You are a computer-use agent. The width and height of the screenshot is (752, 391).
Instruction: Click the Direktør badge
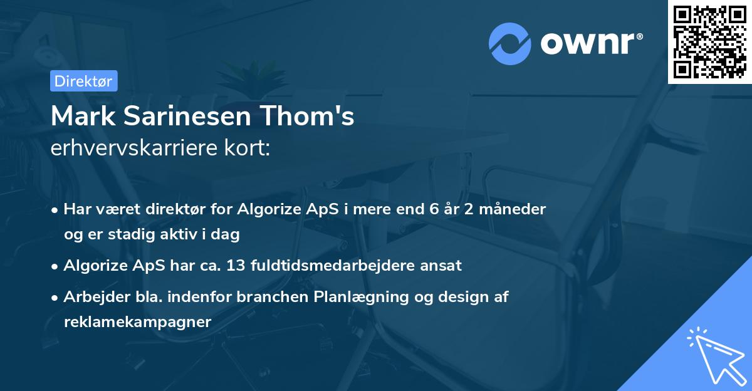coord(83,81)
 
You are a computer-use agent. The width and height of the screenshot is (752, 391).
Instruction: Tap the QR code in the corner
coord(710,41)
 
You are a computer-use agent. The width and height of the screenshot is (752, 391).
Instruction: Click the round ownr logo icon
coord(510,44)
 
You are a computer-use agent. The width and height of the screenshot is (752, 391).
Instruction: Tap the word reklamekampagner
coord(138,321)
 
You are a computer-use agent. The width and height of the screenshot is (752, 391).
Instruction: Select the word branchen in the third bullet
coord(273,297)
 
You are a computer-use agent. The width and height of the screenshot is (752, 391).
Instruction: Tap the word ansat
coord(442,265)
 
